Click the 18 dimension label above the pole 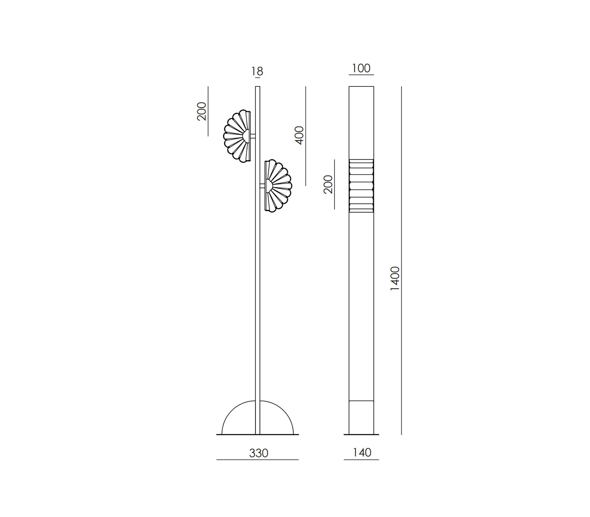pyautogui.click(x=257, y=71)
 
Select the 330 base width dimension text pyautogui.click(x=258, y=453)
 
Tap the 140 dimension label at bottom pyautogui.click(x=362, y=452)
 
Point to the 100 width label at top pyautogui.click(x=361, y=68)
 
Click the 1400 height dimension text pyautogui.click(x=395, y=278)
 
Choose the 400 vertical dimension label pyautogui.click(x=299, y=135)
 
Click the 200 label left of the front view pyautogui.click(x=202, y=111)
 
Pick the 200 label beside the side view pyautogui.click(x=328, y=184)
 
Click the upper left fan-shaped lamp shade pyautogui.click(x=237, y=136)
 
